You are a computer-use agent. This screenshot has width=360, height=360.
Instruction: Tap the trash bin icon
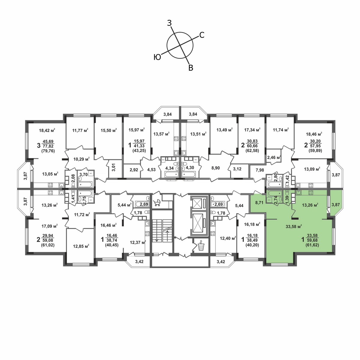[201, 245]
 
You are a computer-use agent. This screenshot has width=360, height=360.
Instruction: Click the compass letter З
[169, 23]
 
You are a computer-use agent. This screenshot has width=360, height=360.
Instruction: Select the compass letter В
[190, 68]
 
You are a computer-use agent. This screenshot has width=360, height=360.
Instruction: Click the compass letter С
[202, 35]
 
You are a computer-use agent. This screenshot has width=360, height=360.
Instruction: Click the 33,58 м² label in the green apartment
[294, 226]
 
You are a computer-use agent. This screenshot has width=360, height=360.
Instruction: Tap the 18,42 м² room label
[47, 130]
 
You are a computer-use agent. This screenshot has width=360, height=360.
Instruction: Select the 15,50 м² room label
[109, 130]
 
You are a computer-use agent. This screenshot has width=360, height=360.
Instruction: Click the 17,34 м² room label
[252, 130]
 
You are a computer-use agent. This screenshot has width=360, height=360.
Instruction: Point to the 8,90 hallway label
[216, 168]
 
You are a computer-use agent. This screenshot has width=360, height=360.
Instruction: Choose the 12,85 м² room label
[81, 246]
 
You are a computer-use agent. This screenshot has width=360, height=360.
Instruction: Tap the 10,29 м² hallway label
[81, 159]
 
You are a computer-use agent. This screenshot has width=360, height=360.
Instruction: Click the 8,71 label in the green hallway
[259, 202]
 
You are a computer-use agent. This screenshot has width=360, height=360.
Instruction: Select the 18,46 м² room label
[314, 134]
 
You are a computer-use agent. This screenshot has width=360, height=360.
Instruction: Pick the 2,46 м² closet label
[274, 157]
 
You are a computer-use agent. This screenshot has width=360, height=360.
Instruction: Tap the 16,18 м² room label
[252, 224]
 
